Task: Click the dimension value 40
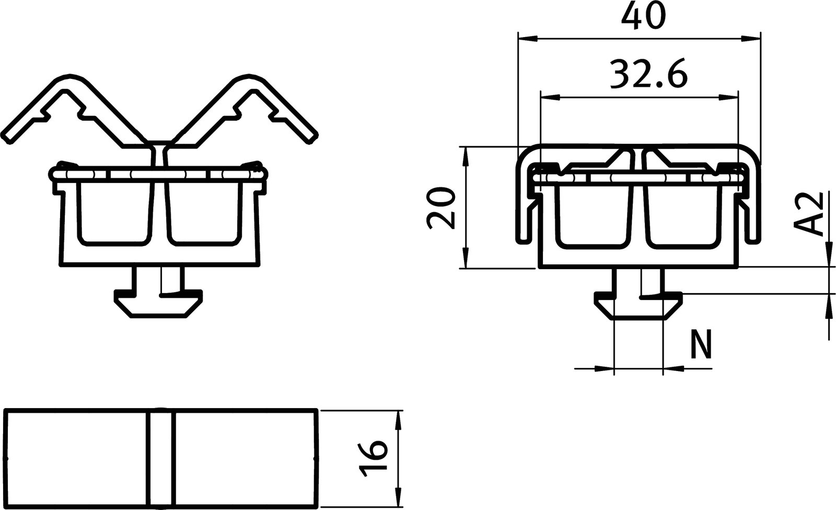644,17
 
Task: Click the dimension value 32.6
648,75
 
